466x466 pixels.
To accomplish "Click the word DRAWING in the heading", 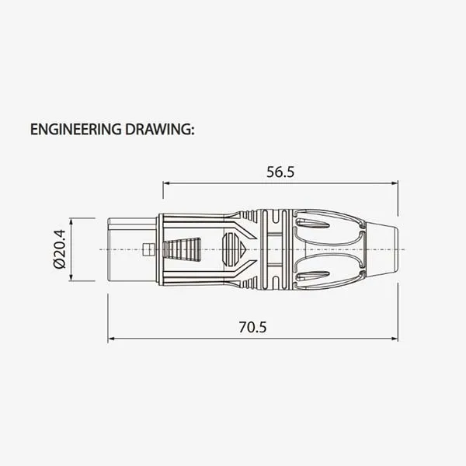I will (159, 128).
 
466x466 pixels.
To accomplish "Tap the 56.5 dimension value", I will (280, 172).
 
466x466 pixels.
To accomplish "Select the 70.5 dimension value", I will (252, 327).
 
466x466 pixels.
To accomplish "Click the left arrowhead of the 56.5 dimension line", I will (166, 184).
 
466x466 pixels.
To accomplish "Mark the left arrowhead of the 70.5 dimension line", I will (112, 339).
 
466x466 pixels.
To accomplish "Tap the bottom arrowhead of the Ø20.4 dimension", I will (71, 277).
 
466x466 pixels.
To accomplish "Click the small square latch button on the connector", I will (148, 249).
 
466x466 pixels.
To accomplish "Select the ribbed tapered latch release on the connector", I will (180, 249).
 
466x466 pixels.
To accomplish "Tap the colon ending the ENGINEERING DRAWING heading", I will (192, 130).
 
